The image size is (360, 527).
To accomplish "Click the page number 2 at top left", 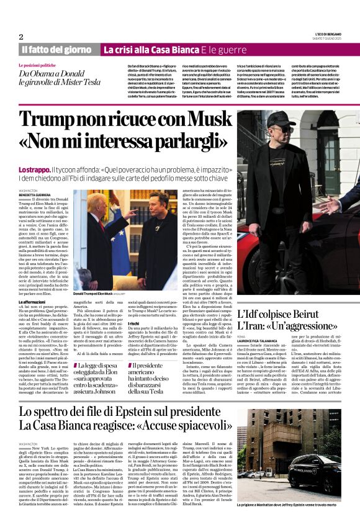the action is [x=20, y=37].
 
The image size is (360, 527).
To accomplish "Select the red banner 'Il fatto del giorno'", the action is [x=57, y=49].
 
